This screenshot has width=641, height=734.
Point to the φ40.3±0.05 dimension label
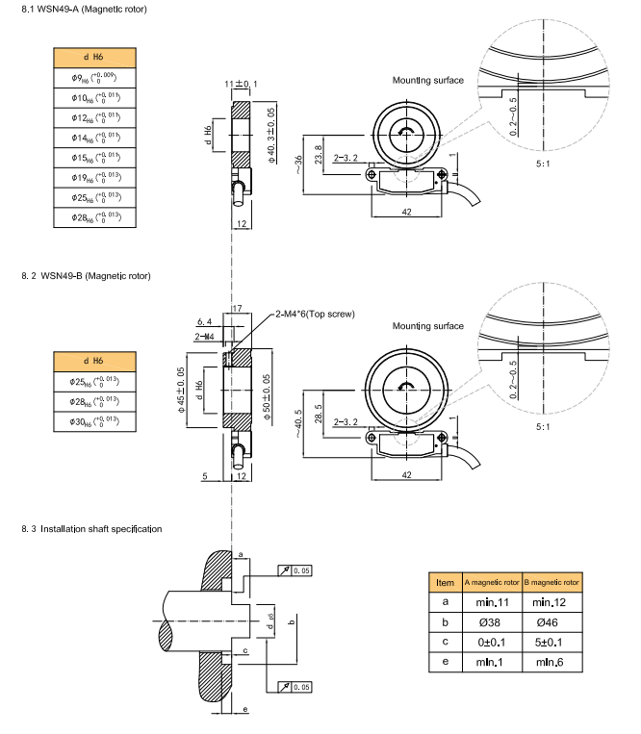(272, 136)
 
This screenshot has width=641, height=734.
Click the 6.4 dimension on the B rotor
(204, 321)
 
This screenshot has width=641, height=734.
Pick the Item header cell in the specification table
(445, 582)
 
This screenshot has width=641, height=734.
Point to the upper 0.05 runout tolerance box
(297, 571)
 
